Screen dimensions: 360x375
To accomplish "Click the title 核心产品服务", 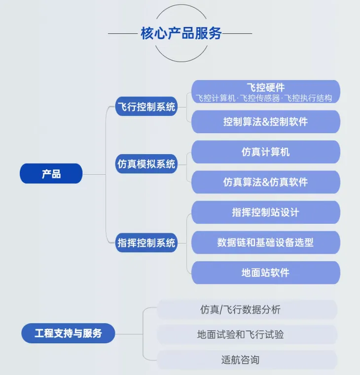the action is click(x=181, y=33).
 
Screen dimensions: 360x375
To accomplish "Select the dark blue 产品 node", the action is click(x=51, y=173).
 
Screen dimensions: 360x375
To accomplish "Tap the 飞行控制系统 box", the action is click(x=146, y=106).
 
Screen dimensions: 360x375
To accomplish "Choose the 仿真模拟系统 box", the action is click(x=146, y=164).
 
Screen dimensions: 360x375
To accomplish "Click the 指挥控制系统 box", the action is click(x=146, y=243).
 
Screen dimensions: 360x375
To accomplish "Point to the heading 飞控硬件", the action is click(x=266, y=87).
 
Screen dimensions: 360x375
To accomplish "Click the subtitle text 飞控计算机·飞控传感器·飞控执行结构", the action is click(x=264, y=98).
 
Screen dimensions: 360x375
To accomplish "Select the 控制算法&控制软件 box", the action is click(x=266, y=122).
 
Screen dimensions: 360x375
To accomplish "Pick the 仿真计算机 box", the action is click(x=266, y=152).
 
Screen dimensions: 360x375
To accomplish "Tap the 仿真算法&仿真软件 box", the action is click(x=266, y=182).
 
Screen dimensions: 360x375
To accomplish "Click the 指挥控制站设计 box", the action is click(x=266, y=212).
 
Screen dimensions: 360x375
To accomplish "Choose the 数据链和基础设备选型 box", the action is click(x=266, y=242).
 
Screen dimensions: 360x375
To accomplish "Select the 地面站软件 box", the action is click(x=266, y=273).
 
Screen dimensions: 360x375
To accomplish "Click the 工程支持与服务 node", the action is click(x=68, y=333).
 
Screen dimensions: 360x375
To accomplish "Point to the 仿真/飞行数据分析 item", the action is click(x=247, y=309).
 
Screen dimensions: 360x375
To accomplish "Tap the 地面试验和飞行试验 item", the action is click(x=247, y=334).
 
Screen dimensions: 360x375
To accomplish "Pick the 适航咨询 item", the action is click(x=247, y=360).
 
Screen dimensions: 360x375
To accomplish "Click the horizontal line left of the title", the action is click(x=123, y=34).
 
